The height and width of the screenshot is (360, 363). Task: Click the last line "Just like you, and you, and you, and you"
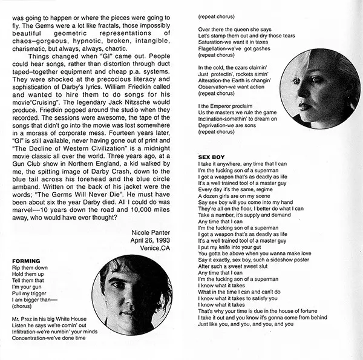click(x=246, y=324)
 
